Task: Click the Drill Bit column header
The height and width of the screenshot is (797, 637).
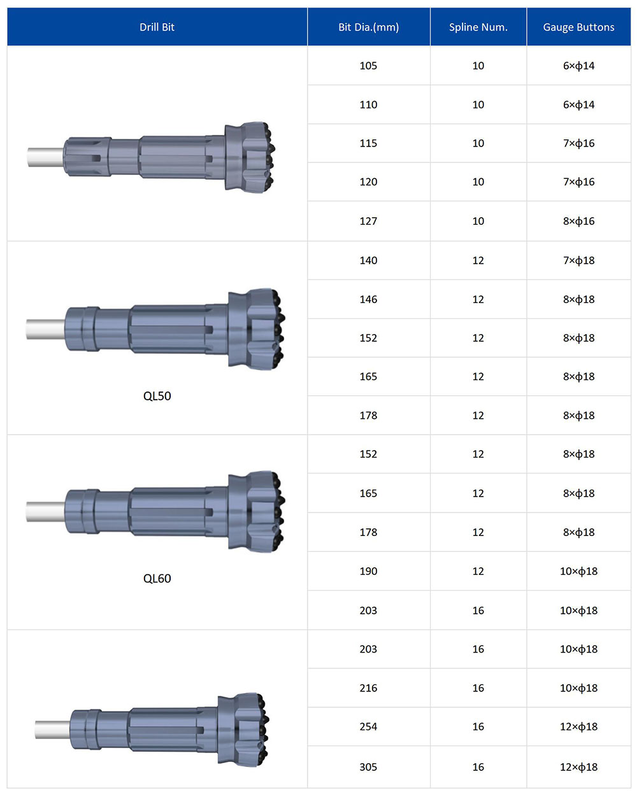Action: pyautogui.click(x=157, y=27)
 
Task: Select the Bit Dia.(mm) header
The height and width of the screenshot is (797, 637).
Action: pyautogui.click(x=368, y=27)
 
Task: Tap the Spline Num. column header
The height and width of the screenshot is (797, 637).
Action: pyautogui.click(x=478, y=27)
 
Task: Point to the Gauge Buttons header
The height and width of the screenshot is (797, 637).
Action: pyautogui.click(x=578, y=27)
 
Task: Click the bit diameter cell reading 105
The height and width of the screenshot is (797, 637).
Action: pyautogui.click(x=368, y=66)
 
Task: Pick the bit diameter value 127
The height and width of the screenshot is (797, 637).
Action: pyautogui.click(x=368, y=221)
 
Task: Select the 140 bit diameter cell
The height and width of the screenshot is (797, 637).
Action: pyautogui.click(x=368, y=260)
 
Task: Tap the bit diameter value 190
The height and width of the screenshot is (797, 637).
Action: pyautogui.click(x=368, y=571)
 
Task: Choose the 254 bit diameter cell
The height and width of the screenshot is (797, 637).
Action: pyautogui.click(x=368, y=726)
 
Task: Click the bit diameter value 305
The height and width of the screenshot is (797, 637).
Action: pyautogui.click(x=368, y=766)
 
